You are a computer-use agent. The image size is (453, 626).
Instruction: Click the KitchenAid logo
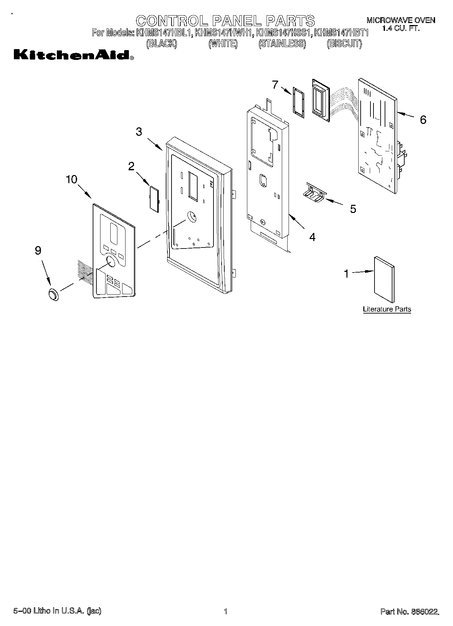click(x=73, y=55)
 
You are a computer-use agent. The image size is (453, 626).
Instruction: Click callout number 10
click(x=71, y=179)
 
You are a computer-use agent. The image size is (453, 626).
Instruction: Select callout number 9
click(x=38, y=251)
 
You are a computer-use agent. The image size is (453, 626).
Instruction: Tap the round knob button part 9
click(x=53, y=295)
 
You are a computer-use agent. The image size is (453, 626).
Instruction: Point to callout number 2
click(x=131, y=166)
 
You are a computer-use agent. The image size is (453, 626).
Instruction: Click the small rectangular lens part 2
click(x=154, y=199)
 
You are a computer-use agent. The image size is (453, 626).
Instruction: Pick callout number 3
click(x=139, y=132)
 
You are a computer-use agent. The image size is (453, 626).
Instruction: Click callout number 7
click(x=275, y=84)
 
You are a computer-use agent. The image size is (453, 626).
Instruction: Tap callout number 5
click(x=353, y=209)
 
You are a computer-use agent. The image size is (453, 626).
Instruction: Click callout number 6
click(x=423, y=120)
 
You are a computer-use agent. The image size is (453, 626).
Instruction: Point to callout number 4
click(x=312, y=237)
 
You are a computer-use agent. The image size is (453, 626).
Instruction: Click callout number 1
click(x=346, y=274)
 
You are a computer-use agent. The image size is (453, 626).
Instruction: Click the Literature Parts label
click(x=387, y=309)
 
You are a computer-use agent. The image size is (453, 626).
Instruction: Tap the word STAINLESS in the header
click(x=282, y=44)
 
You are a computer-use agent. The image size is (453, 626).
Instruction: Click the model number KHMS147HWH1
click(x=224, y=33)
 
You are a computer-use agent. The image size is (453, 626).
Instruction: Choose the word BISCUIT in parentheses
click(x=344, y=44)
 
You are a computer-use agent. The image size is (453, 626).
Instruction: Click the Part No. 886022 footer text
click(x=410, y=611)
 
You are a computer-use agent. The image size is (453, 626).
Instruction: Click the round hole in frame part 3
click(x=191, y=216)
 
